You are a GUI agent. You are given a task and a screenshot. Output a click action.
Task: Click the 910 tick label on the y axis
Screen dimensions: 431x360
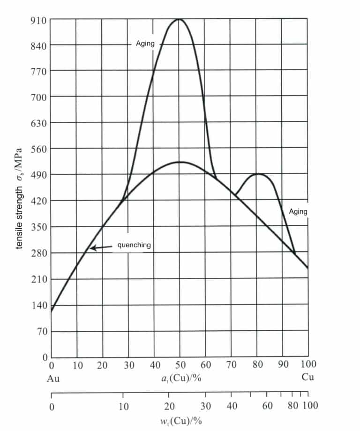(x=38, y=20)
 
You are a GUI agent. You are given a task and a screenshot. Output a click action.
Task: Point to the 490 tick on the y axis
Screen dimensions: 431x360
(x=38, y=175)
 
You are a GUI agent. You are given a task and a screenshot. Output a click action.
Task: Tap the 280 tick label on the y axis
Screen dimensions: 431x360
(x=38, y=253)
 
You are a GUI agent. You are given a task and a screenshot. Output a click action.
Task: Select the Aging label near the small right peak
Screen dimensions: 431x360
(x=298, y=211)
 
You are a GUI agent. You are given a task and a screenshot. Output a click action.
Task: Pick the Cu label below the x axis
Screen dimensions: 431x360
(x=307, y=377)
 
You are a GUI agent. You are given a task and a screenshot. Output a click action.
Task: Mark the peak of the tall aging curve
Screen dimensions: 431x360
(x=180, y=19)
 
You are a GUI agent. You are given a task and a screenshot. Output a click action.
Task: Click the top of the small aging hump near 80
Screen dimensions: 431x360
(x=257, y=174)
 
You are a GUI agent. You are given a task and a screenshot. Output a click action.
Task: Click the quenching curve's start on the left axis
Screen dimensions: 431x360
(x=52, y=311)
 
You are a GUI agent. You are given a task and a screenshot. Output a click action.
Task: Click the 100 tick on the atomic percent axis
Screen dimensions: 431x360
(x=308, y=365)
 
